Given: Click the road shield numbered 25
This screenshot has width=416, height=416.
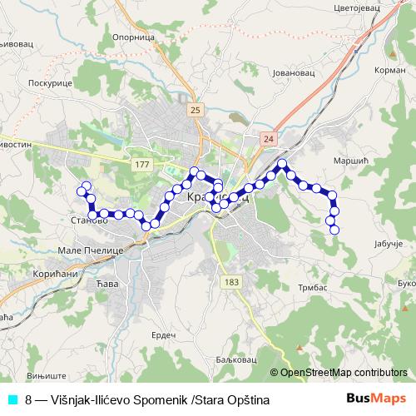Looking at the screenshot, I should (195, 110).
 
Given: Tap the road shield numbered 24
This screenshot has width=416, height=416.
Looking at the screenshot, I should (266, 138).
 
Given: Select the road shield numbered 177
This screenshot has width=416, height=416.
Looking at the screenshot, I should (141, 166).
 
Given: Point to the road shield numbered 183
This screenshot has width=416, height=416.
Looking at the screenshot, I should (231, 283).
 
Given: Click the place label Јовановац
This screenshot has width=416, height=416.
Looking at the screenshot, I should (291, 72).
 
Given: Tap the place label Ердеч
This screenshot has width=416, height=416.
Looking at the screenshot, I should (162, 334).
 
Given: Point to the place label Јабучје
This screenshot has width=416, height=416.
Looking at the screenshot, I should (384, 243).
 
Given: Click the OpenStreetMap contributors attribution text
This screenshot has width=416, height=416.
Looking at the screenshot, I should (343, 373).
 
